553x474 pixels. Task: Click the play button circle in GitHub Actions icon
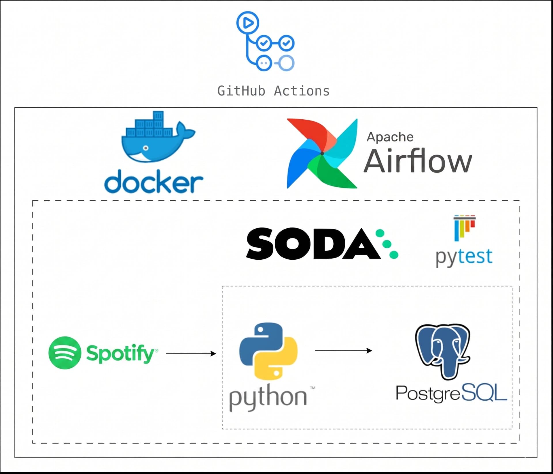pyautogui.click(x=248, y=23)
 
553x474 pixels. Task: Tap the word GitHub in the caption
pyautogui.click(x=241, y=91)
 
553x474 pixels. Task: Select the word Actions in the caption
pyautogui.click(x=302, y=91)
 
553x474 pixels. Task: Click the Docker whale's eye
pyautogui.click(x=146, y=148)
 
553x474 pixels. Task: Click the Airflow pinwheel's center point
pyautogui.click(x=322, y=153)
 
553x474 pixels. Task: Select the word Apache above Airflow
pyautogui.click(x=390, y=137)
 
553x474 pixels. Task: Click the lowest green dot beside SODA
pyautogui.click(x=394, y=254)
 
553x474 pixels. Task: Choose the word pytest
pyautogui.click(x=464, y=257)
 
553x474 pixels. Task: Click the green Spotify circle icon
pyautogui.click(x=65, y=353)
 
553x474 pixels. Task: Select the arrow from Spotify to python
pyautogui.click(x=191, y=353)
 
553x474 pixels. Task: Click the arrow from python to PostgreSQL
pyautogui.click(x=343, y=351)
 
